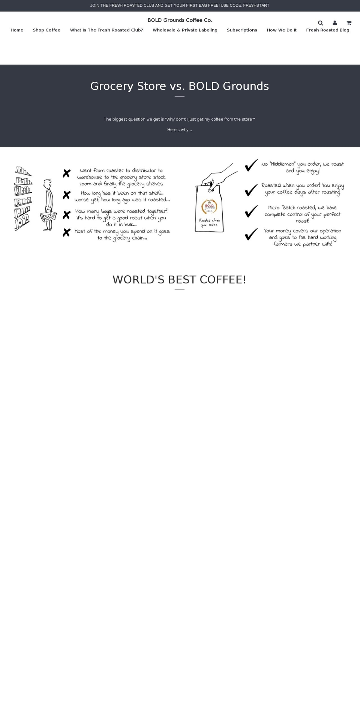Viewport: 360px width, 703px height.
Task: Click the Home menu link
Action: (17, 30)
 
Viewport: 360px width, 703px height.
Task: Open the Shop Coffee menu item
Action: (46, 30)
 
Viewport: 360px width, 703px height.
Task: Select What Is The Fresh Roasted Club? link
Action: (106, 30)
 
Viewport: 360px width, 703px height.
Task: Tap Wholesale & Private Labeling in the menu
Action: (185, 30)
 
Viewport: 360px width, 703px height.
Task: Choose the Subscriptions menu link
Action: (242, 30)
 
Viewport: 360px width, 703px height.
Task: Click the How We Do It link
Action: (282, 30)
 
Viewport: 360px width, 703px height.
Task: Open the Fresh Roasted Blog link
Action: (327, 30)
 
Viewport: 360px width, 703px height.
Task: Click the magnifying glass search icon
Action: (320, 23)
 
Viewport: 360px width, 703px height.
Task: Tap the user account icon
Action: (334, 23)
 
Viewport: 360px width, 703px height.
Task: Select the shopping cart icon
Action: (349, 23)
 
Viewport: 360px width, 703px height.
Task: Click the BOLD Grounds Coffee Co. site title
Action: (180, 20)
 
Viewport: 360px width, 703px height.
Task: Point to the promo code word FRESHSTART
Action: (256, 6)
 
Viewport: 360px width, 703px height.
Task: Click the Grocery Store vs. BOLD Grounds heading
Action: (180, 86)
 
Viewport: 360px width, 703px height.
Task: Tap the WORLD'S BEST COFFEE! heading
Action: (180, 280)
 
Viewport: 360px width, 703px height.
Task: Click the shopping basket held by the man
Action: (48, 216)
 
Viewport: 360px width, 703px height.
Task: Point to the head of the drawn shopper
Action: (47, 184)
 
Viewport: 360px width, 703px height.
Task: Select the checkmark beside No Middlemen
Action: (251, 165)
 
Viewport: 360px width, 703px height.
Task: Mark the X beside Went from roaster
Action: (66, 173)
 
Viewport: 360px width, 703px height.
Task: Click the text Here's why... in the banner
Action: (180, 130)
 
